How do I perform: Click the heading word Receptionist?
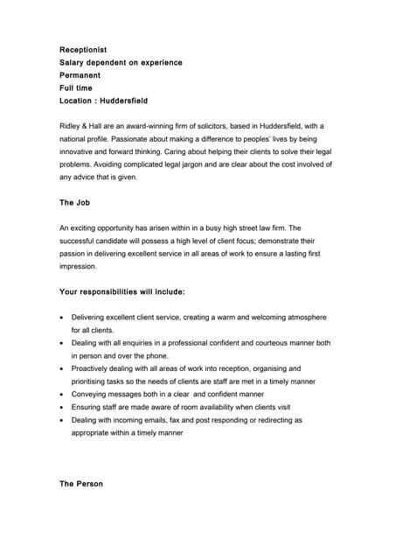(x=83, y=51)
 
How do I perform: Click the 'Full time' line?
(x=75, y=88)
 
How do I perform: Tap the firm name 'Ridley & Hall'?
(x=83, y=126)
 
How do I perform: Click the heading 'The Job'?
(x=74, y=202)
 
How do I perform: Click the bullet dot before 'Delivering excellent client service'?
(x=60, y=317)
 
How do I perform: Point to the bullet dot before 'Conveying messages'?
(x=60, y=395)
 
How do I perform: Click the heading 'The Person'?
(x=81, y=484)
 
